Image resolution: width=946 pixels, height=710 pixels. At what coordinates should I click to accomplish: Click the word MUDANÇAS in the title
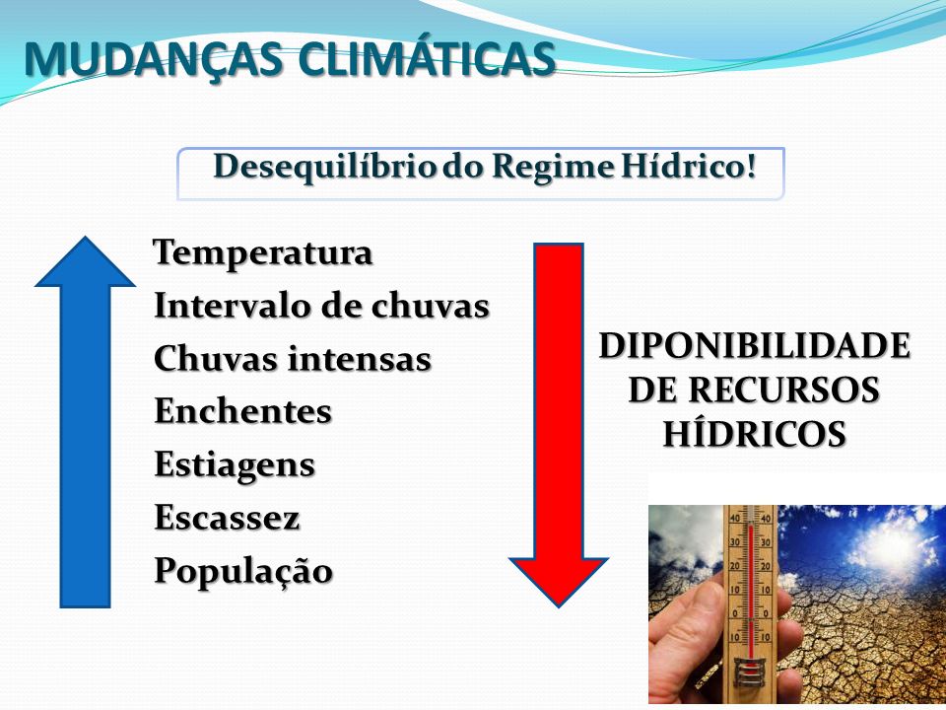[154, 59]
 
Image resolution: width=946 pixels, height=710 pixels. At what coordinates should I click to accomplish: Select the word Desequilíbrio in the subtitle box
[325, 168]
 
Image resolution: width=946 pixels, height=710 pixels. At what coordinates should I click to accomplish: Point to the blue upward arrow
[85, 421]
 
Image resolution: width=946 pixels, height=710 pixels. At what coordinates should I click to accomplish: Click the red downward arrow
[558, 425]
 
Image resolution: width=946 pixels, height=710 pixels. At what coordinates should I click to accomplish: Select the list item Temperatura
[262, 253]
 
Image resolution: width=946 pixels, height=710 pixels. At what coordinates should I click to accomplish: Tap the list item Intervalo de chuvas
[321, 305]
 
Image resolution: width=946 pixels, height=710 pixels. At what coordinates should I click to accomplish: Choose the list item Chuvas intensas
[293, 358]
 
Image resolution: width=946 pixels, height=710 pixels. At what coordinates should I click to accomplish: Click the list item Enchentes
[243, 411]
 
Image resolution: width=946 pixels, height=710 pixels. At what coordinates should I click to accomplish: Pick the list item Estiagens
[235, 465]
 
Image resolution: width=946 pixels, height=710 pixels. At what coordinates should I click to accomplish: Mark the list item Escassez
[227, 518]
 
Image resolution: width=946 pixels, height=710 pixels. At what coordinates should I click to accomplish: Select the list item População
[243, 571]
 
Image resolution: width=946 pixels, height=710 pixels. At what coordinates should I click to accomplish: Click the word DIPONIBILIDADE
[754, 346]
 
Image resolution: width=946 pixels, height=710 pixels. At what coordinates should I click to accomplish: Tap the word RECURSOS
[783, 390]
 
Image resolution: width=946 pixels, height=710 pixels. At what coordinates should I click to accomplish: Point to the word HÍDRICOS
[754, 433]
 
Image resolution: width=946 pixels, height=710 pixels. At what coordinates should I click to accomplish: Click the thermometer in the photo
[750, 603]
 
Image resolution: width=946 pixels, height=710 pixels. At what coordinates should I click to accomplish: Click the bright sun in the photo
[893, 546]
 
